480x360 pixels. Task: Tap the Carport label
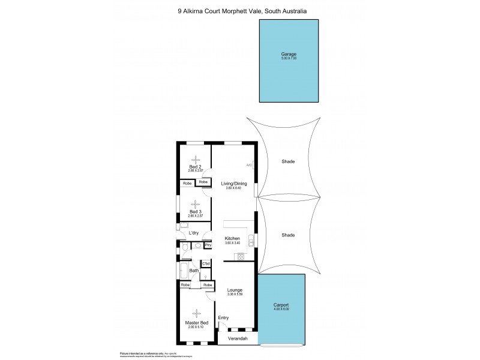click(281, 305)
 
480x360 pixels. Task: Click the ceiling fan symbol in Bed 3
click(194, 203)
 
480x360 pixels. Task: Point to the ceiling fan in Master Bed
click(196, 311)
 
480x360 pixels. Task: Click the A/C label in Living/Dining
click(249, 165)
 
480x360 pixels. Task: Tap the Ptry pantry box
click(208, 245)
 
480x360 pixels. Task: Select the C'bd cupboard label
click(205, 264)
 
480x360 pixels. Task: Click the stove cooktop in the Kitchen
click(241, 257)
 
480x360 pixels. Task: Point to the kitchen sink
click(253, 239)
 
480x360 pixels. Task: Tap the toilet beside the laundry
click(184, 247)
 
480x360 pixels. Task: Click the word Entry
click(223, 317)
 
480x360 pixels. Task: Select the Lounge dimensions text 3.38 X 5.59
click(234, 294)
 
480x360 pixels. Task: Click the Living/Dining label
click(234, 184)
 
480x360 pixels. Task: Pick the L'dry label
click(194, 233)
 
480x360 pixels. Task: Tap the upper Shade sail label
click(288, 161)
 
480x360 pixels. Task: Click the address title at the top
click(240, 10)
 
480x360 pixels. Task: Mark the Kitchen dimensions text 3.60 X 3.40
click(232, 243)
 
